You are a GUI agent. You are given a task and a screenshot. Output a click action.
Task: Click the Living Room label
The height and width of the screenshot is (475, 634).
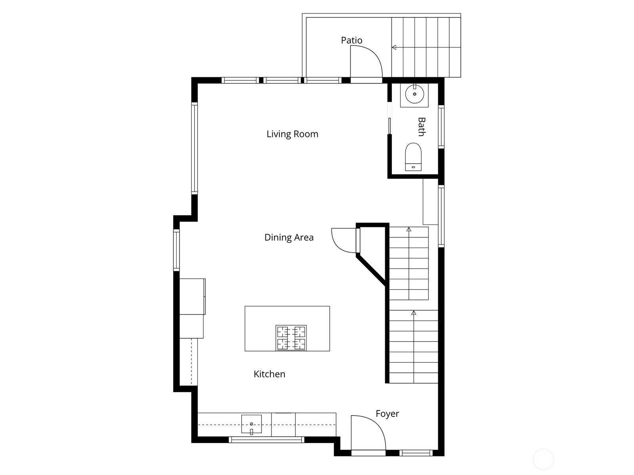[292, 134]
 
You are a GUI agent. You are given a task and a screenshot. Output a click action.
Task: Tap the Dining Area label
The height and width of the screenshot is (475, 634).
[289, 237]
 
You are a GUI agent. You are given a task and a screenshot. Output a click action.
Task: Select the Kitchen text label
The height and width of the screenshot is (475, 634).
[269, 374]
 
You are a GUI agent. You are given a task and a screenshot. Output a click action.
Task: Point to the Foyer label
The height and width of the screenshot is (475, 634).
[387, 414]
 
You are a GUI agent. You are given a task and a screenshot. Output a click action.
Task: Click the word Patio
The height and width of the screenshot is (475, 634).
[351, 40]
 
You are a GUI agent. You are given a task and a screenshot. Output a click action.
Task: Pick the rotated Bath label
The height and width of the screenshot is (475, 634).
[421, 127]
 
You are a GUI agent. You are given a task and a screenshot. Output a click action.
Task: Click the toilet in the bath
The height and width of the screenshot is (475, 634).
[413, 156]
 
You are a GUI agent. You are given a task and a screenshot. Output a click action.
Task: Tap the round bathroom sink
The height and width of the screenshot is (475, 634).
[414, 94]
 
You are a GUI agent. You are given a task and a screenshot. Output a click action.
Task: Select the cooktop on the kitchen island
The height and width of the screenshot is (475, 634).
[291, 338]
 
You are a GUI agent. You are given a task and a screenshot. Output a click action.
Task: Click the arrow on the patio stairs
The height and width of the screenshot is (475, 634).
[394, 48]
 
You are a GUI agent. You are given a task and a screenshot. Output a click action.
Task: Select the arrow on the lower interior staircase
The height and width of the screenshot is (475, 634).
[414, 313]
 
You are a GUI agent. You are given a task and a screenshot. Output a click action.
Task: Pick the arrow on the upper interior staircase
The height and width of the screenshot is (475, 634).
[409, 229]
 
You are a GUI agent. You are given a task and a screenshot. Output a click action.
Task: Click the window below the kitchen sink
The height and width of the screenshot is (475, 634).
[266, 440]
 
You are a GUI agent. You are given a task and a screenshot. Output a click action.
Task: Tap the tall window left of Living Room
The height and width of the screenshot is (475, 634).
[194, 148]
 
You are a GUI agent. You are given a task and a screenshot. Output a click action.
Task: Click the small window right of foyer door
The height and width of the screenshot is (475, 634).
[416, 453]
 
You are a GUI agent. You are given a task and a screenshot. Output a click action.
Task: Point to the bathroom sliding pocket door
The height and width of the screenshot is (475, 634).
[390, 126]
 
